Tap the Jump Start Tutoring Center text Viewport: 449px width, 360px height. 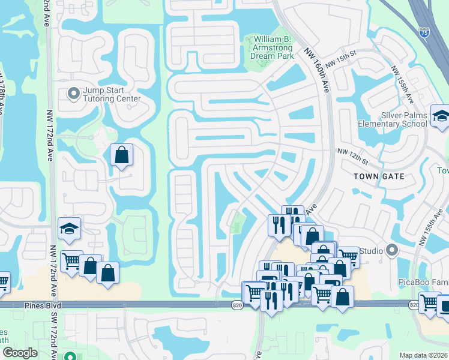pos(112,94)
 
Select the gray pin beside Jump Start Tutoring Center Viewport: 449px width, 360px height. pos(74,94)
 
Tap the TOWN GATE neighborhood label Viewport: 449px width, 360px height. pos(379,176)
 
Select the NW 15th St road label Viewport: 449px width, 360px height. pos(340,58)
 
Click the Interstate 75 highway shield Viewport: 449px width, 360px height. pos(424,30)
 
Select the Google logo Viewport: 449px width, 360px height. pos(20,353)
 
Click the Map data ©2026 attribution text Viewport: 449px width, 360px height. pos(423,355)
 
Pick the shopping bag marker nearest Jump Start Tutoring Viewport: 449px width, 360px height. pos(121,155)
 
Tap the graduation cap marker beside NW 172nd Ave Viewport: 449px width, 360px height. pos(69,229)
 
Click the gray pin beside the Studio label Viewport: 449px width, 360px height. pos(393,249)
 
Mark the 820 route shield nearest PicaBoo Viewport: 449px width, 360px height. pos(414,305)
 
